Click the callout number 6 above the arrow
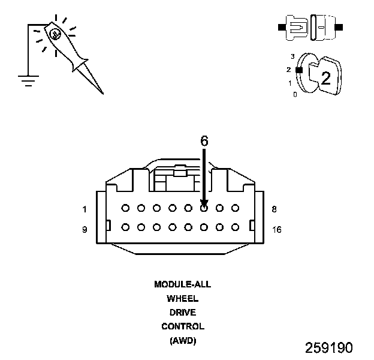coord(204,141)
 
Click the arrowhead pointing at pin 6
coord(204,203)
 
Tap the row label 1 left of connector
coord(85,209)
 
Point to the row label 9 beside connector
coord(85,229)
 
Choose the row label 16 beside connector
coord(276,229)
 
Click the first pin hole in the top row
coord(125,208)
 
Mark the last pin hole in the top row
coord(236,208)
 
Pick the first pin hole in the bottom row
coord(125,227)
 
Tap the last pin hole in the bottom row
coord(236,227)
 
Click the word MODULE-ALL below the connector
coord(182,284)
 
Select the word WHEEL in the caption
coord(182,298)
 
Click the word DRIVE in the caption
coord(182,313)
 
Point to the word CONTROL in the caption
coord(182,327)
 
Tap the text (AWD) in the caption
coord(182,341)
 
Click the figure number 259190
coord(328,348)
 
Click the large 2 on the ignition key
coord(325,77)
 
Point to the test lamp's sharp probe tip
coord(102,92)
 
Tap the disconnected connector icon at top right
coord(310,28)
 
